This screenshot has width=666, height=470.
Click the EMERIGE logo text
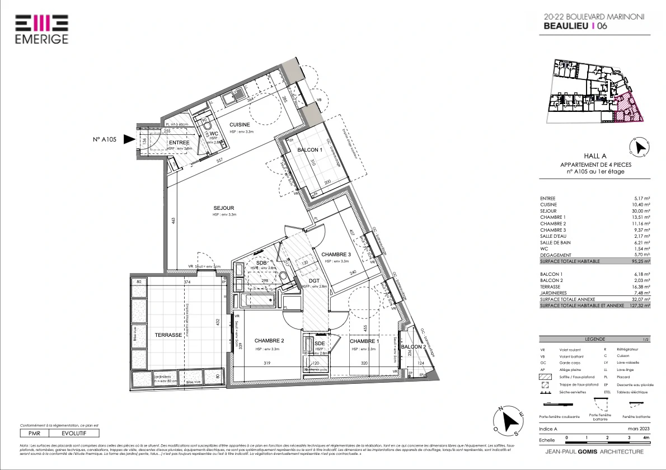coord(41,39)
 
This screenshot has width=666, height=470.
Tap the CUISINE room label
coord(239,125)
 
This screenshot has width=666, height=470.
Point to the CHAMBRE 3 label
coord(336,255)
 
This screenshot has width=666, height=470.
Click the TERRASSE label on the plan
coord(168,335)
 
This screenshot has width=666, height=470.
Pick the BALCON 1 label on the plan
coord(310,150)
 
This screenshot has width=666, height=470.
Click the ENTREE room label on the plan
coord(179,143)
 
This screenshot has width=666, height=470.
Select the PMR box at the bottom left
coord(34,433)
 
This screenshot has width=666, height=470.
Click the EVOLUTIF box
coord(74,433)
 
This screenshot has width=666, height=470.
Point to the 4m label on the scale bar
coord(646,437)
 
